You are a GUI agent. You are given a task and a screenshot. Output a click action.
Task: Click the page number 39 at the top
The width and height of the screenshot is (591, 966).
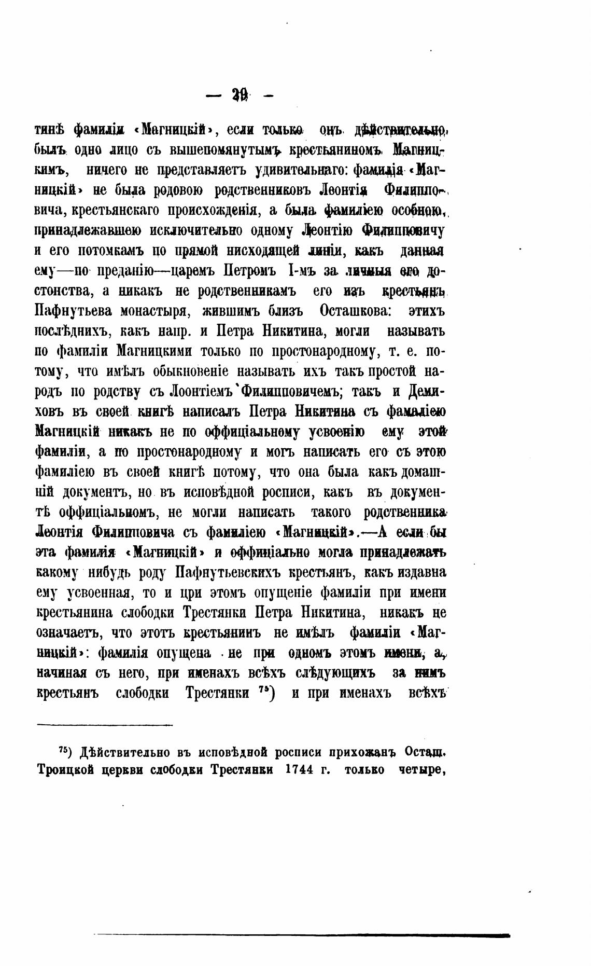(x=241, y=95)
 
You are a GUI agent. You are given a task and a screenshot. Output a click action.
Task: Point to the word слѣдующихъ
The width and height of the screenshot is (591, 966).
(x=335, y=673)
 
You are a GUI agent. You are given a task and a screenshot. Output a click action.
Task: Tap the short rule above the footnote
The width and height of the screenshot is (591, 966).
(x=104, y=725)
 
